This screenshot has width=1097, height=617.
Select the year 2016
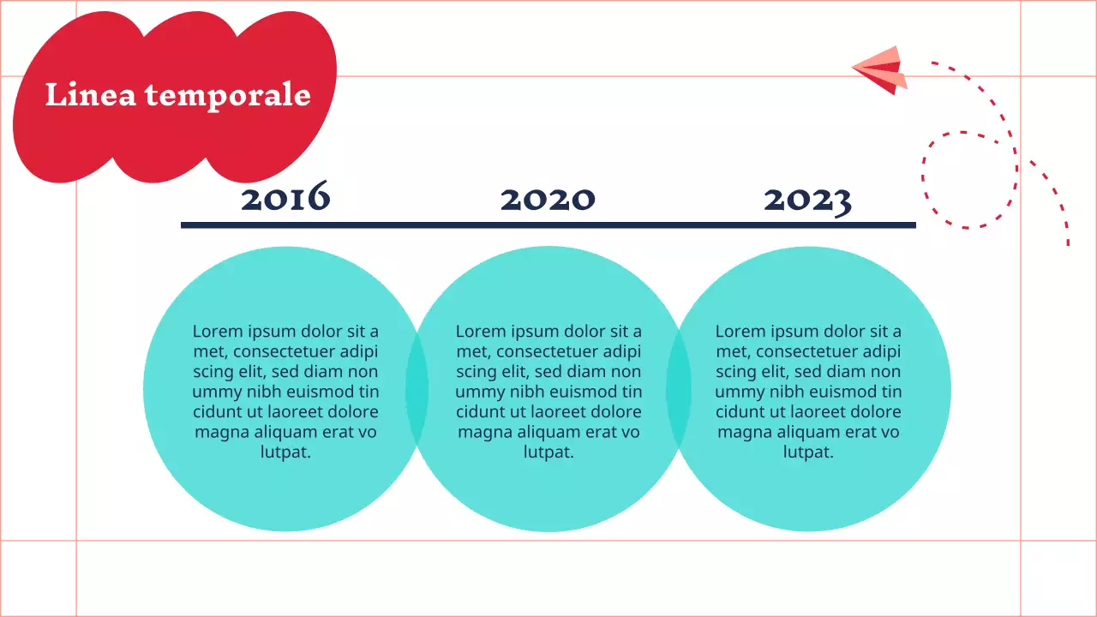pos(285,199)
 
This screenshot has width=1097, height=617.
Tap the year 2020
pos(548,199)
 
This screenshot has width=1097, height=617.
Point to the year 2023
pos(807,200)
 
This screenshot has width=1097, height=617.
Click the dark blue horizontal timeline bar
pos(548,225)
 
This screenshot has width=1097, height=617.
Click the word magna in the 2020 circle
pos(484,432)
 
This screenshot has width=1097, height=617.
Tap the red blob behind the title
pos(171,146)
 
